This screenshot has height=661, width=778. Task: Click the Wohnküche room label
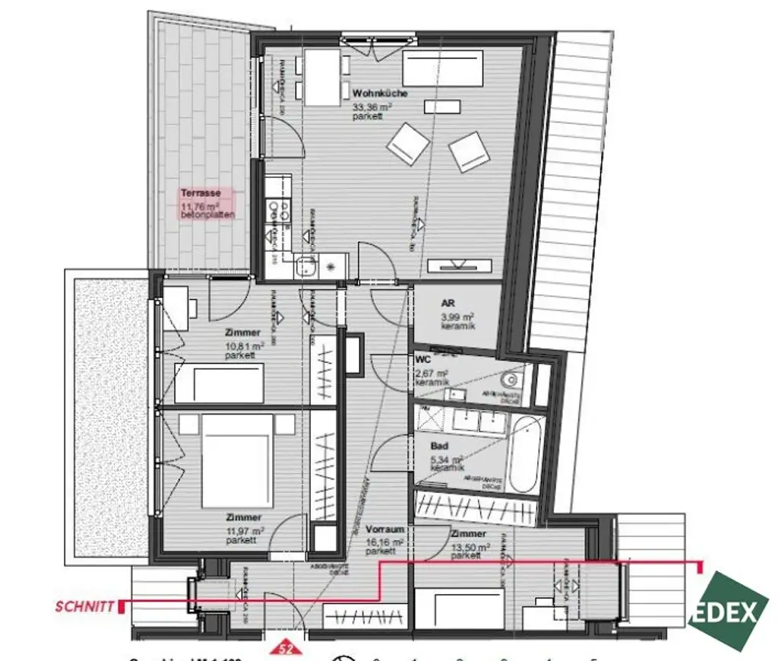coord(380,94)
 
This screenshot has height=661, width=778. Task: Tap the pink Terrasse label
coord(201,193)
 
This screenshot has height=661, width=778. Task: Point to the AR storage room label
coord(448,303)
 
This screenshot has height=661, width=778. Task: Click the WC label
coord(423,359)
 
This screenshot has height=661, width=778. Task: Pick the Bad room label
coord(439,446)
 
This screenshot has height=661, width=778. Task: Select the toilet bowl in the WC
coord(510,378)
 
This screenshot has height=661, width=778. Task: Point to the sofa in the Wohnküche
coord(443,68)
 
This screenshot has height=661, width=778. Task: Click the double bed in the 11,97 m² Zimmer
coord(236,459)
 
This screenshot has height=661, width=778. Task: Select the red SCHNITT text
coord(84,607)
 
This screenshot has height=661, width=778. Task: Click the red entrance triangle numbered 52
coord(286,649)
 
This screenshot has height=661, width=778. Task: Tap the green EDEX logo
coord(729,612)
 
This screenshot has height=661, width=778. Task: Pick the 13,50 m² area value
coord(466,545)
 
